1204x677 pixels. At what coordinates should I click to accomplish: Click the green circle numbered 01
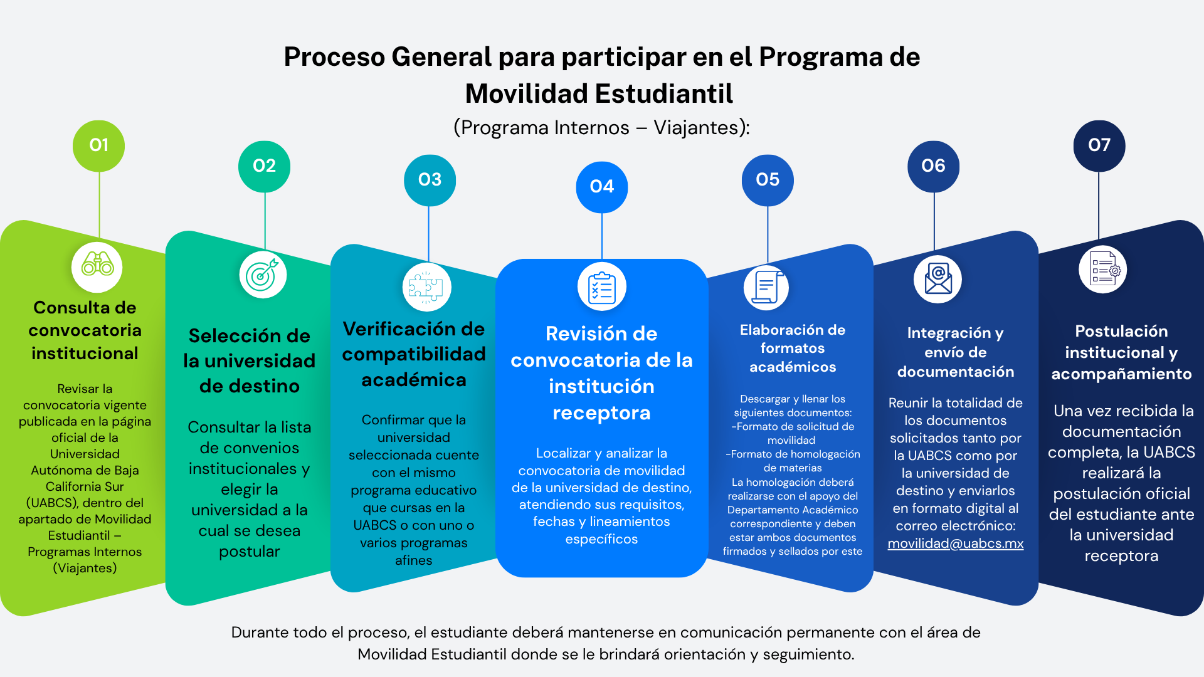[x=98, y=145]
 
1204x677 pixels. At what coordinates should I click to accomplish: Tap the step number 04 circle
[x=601, y=187]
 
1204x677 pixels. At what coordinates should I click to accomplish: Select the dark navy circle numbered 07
[x=1099, y=145]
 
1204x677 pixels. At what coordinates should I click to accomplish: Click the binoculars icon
[x=97, y=266]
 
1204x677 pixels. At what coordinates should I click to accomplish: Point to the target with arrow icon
[x=263, y=275]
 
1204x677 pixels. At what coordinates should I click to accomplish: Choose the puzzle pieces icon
[x=426, y=287]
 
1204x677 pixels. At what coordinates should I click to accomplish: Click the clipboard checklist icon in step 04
[x=601, y=287]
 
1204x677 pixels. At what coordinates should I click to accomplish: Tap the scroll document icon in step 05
[x=767, y=287]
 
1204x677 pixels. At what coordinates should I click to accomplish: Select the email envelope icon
[x=937, y=279]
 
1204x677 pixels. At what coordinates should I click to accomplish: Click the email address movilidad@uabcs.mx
[x=955, y=543]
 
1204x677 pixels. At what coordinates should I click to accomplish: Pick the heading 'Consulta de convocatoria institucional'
[x=85, y=330]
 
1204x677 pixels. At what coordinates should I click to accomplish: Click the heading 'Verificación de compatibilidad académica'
[x=414, y=354]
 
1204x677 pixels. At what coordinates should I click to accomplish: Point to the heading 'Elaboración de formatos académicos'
[x=793, y=349]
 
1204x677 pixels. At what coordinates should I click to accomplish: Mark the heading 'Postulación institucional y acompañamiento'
[x=1121, y=352]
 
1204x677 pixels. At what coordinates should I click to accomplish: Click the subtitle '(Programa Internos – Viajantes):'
[x=601, y=127]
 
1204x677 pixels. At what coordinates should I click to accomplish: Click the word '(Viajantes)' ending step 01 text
[x=85, y=568]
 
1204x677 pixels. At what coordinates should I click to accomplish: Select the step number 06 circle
[x=933, y=166]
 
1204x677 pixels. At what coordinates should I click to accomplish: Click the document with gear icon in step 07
[x=1103, y=270]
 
